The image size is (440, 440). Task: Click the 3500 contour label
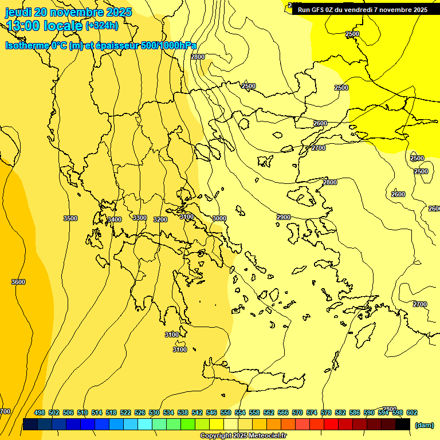[x=70, y=218]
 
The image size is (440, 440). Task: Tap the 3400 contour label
[x=115, y=219]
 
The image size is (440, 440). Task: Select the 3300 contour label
[x=140, y=218]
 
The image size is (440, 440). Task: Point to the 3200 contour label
[x=160, y=219]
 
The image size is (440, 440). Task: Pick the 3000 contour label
[x=219, y=218]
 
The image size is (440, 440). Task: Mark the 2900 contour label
[x=284, y=217]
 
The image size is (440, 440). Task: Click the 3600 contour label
[x=18, y=282]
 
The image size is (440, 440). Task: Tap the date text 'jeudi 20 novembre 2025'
[x=68, y=12]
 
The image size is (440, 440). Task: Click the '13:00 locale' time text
[x=45, y=25]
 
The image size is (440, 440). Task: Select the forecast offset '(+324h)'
[x=102, y=25]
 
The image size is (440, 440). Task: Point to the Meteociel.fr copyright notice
[x=243, y=436]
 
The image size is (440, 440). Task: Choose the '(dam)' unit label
[x=424, y=425]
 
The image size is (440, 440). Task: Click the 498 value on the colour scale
[x=40, y=412]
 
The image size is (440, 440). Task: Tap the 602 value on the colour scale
[x=412, y=412]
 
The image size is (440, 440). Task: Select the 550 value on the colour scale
[x=226, y=412]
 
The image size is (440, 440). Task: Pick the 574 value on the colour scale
[x=312, y=412]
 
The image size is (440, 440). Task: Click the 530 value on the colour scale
[x=154, y=412]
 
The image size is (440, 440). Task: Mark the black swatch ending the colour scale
[x=402, y=424]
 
